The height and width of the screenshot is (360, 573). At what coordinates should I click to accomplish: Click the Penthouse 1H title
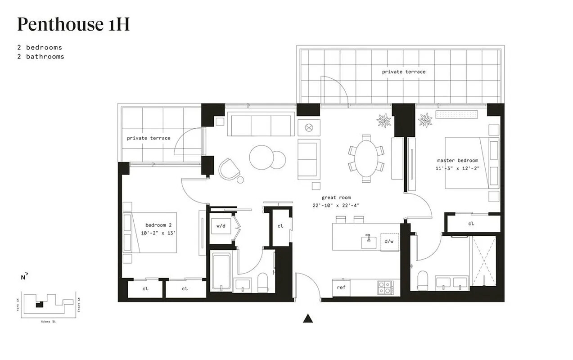tap(73, 25)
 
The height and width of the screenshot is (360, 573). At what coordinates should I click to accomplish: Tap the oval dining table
tap(366, 158)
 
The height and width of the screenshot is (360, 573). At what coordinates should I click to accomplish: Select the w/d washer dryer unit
tap(221, 226)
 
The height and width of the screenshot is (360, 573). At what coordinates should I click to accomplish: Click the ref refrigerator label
tap(341, 287)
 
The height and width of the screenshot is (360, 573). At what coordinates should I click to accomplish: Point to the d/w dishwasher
tap(389, 241)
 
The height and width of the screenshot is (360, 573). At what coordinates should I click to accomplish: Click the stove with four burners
tap(385, 288)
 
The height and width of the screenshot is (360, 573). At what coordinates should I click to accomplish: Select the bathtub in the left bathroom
tap(221, 271)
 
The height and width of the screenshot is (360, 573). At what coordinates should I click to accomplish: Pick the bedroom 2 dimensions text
tap(158, 233)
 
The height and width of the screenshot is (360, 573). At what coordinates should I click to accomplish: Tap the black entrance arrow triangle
tap(308, 319)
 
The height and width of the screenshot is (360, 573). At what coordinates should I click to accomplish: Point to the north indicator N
tap(23, 277)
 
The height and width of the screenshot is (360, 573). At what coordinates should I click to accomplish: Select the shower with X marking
tap(483, 261)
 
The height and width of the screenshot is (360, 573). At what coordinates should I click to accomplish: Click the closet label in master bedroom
tap(471, 224)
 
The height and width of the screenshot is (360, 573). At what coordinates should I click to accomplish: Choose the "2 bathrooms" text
tap(41, 57)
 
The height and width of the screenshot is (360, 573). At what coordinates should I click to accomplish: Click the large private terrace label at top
tap(403, 72)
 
